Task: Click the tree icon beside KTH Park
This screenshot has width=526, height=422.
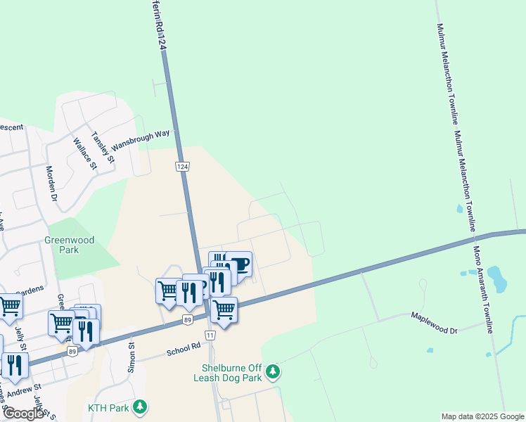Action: [140, 407]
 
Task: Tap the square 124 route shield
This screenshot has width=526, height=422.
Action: [182, 166]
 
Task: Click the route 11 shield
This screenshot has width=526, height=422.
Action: [210, 335]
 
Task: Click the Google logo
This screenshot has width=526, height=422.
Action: [23, 414]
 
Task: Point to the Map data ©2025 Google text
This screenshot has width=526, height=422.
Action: [482, 416]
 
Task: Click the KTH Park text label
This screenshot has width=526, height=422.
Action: [109, 408]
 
